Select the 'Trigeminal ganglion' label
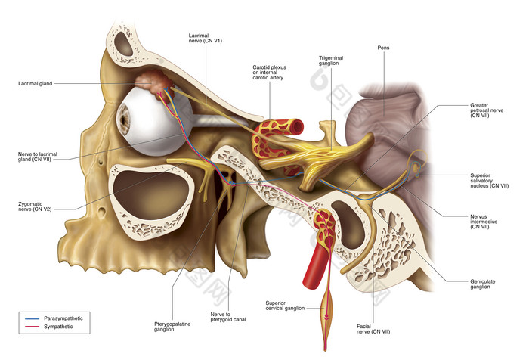click(334, 61)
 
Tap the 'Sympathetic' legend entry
click(60, 329)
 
